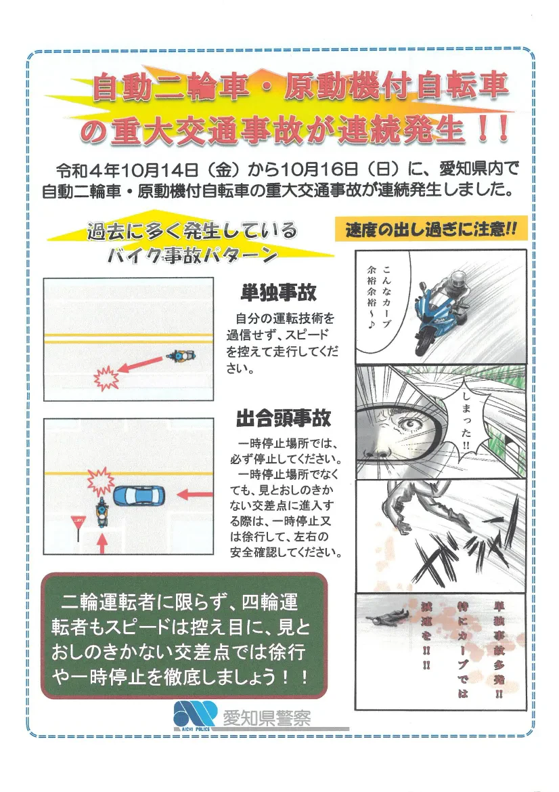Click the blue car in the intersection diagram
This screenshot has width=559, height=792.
(139, 495)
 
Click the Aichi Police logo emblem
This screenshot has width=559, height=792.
(195, 715)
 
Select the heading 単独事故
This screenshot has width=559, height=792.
(278, 292)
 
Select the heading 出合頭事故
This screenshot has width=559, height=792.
(284, 418)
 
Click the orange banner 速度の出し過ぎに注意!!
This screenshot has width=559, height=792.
(431, 230)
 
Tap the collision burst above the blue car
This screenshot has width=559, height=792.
(100, 481)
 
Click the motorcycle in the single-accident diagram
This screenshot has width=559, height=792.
(180, 356)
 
